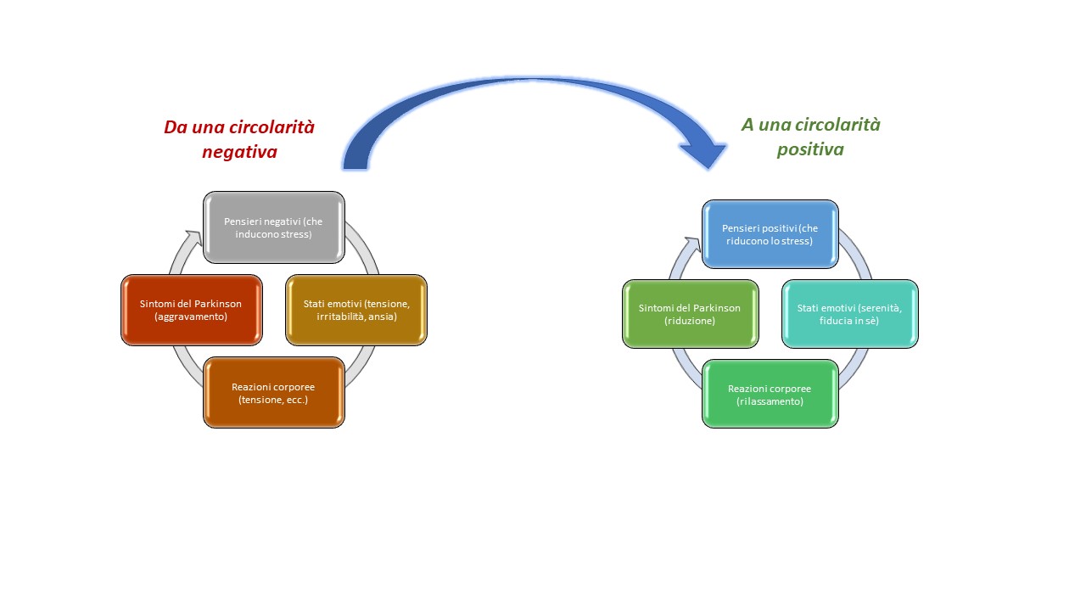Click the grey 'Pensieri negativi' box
pos(274,227)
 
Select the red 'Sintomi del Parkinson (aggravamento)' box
pos(192,311)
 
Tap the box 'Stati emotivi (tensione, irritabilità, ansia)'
pos(356,311)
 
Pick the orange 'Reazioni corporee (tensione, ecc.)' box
pos(274,393)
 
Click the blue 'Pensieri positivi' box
pos(770,234)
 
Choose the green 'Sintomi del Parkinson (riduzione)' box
pos(691,314)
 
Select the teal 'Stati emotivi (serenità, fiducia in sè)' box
pos(850,314)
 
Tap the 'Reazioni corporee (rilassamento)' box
pos(770,394)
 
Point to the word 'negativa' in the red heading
pos(239,152)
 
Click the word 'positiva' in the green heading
pos(810,149)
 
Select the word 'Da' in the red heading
pos(175,127)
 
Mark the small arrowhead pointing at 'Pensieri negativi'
pos(195,237)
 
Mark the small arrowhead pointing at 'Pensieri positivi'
pos(693,244)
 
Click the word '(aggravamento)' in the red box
pos(191,317)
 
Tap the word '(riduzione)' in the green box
pos(690,321)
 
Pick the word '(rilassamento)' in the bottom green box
pos(770,401)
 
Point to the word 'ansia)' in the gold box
pos(383,317)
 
